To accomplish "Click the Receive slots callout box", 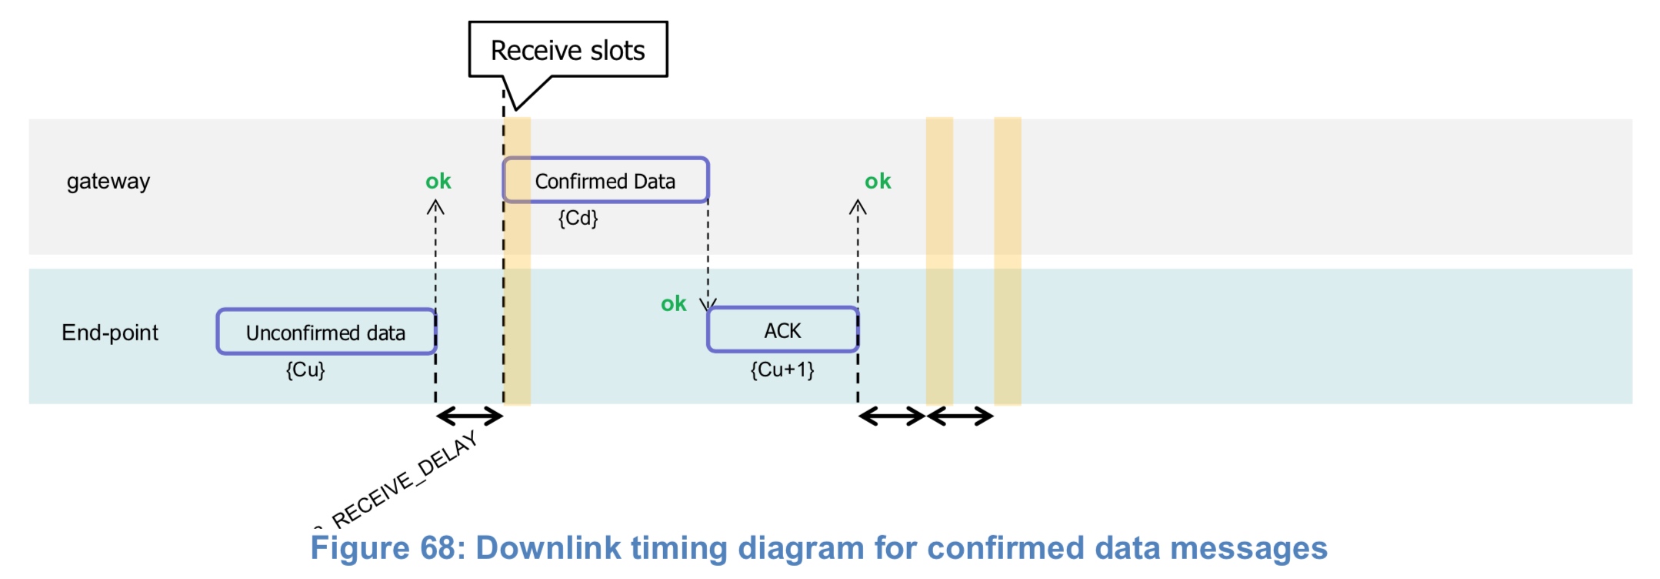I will click(x=568, y=50).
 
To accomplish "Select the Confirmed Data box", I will click(x=605, y=181).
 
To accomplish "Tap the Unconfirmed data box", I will click(x=326, y=332).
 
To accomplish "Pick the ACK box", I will click(x=782, y=330).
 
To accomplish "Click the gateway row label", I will click(x=108, y=182).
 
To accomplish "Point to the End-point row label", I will click(x=110, y=333).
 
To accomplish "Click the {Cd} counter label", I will click(x=578, y=218).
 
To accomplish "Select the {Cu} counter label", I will click(x=305, y=370).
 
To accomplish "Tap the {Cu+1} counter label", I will click(x=782, y=370).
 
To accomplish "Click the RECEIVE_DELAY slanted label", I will click(x=405, y=479).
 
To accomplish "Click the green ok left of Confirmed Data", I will click(x=438, y=182).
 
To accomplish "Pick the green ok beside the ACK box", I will click(x=674, y=304).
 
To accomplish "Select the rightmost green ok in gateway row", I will click(x=878, y=182).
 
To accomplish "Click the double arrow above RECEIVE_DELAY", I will click(x=469, y=417).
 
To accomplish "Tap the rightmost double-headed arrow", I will click(x=960, y=417).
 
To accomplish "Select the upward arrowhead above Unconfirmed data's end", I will click(x=435, y=206).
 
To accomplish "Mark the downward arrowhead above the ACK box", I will click(x=708, y=304).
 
